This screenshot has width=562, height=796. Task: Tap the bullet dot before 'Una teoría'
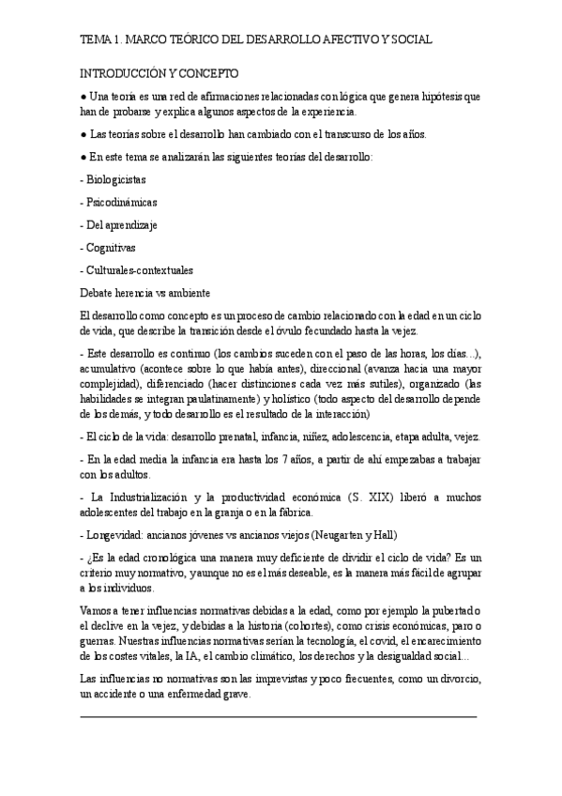click(x=84, y=97)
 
